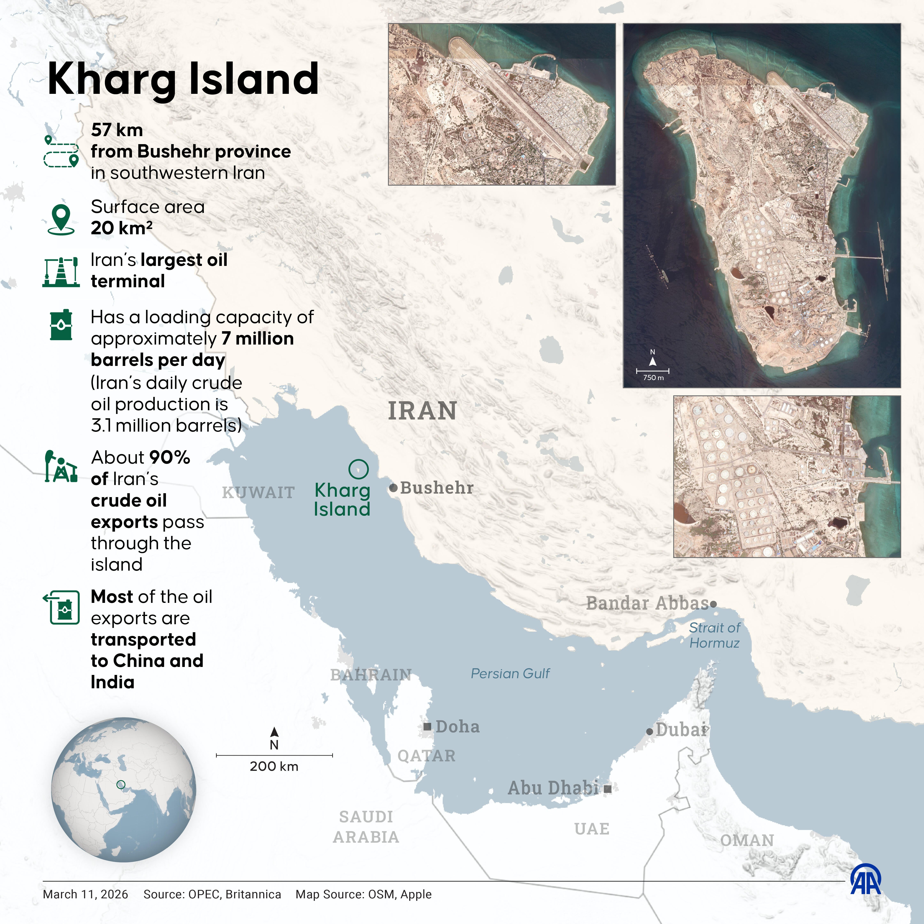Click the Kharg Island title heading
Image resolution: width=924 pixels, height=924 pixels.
[x=183, y=79]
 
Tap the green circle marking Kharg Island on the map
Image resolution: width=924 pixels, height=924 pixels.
[x=358, y=469]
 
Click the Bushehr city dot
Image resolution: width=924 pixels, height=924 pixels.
[x=393, y=488]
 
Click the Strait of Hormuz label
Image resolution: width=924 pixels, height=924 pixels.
[x=715, y=635]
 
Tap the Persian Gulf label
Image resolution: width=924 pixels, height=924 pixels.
[x=510, y=673]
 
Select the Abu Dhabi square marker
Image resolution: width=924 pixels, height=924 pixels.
[x=607, y=789]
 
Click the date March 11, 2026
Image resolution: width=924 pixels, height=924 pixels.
[x=86, y=894]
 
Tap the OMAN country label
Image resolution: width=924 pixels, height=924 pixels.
[x=747, y=840]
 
